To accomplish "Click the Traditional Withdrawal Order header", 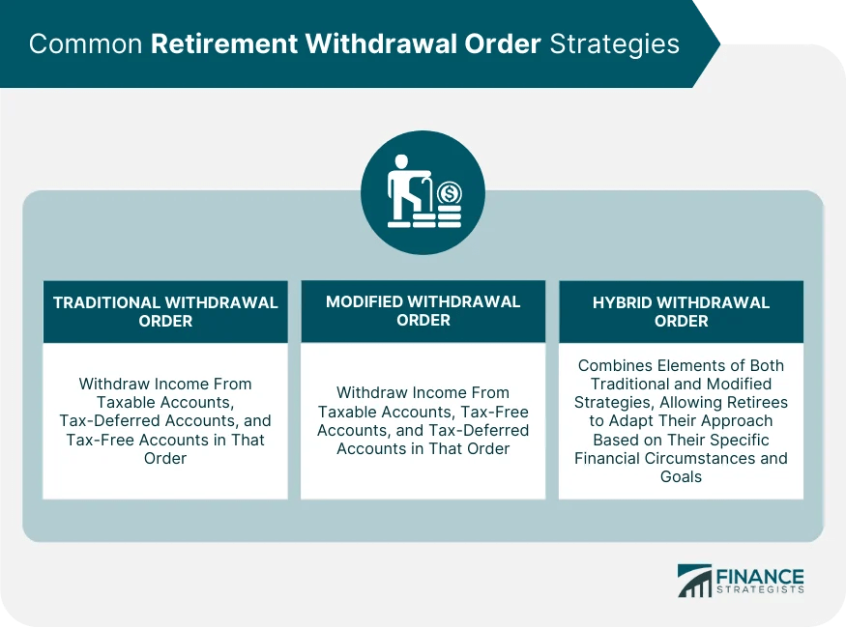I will pos(165,311).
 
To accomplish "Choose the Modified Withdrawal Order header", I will pos(423,311).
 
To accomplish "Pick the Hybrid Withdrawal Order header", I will pos(681,311).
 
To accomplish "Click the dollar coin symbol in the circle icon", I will pos(449,194).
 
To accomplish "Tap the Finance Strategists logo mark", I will pos(694,580).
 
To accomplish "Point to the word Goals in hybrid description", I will pos(681,476).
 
